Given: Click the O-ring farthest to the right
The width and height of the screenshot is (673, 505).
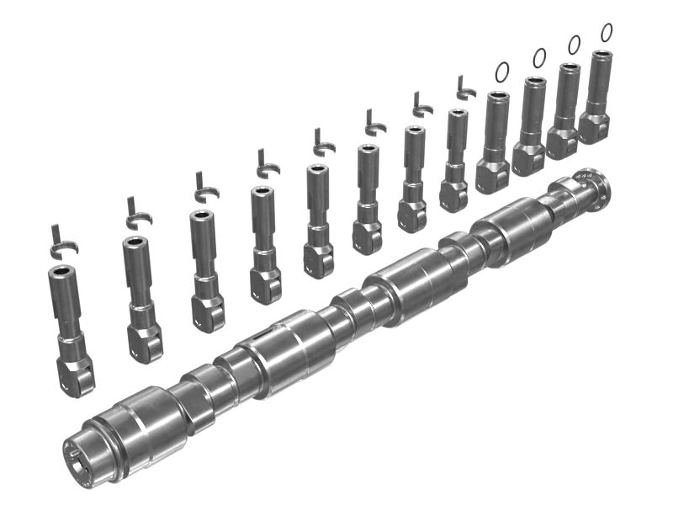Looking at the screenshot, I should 606,32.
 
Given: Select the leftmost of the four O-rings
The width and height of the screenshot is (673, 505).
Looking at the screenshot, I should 501,72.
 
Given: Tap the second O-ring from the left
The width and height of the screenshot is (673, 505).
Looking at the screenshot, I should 539,57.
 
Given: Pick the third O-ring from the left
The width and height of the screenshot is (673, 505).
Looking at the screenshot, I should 574,45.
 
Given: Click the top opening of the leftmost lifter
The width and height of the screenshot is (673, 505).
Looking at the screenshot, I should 62,272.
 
